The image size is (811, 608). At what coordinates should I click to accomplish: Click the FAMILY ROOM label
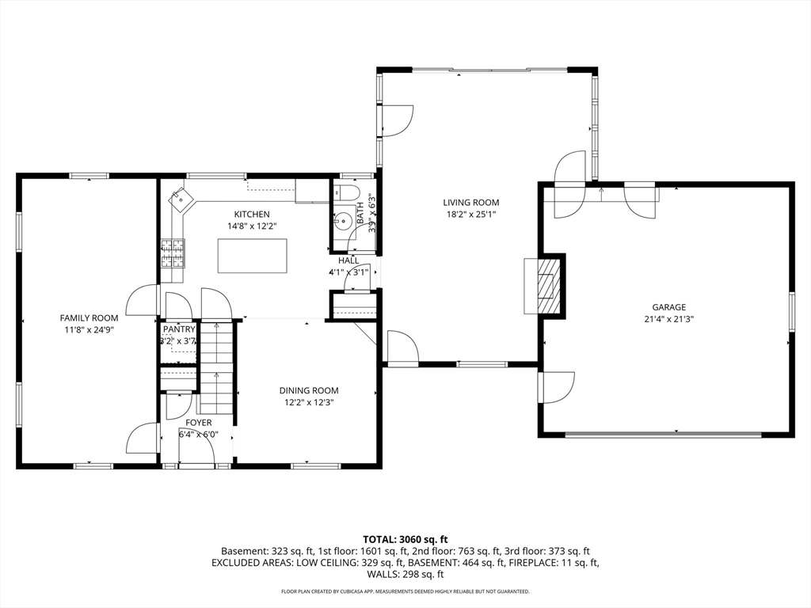[89, 318]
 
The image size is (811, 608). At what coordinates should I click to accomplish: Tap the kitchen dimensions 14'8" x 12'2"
[252, 226]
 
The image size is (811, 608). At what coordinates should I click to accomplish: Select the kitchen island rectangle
[252, 256]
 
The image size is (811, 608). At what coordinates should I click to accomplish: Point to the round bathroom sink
[342, 222]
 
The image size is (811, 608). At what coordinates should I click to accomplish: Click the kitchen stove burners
[173, 253]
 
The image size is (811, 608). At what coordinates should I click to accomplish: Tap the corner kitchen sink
[181, 199]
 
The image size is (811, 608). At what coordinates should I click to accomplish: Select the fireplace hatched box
[548, 286]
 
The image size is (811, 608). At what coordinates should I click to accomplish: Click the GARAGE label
[668, 307]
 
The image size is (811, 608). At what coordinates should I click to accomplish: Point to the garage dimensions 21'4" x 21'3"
[668, 319]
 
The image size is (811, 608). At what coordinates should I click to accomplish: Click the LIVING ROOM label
[470, 203]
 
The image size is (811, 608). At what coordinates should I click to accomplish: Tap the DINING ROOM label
[309, 390]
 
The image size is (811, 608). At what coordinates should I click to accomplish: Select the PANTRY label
[179, 329]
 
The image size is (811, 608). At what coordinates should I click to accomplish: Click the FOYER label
[199, 423]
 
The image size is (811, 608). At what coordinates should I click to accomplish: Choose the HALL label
[348, 260]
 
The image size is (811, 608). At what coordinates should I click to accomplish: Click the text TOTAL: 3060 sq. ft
[405, 540]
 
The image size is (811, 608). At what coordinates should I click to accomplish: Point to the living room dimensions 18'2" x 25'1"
[470, 214]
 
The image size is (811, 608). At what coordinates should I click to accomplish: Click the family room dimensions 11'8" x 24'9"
[89, 329]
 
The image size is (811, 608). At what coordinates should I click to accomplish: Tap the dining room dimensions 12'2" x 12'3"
[309, 402]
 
